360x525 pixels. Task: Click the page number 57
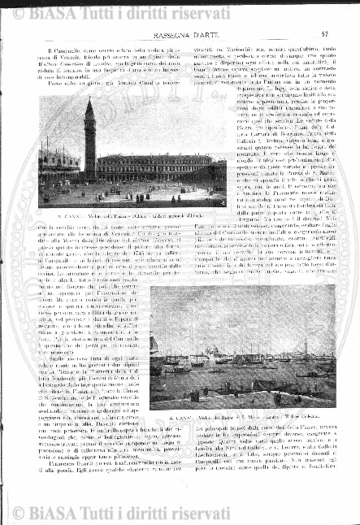324,34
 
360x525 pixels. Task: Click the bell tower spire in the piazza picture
88,106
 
